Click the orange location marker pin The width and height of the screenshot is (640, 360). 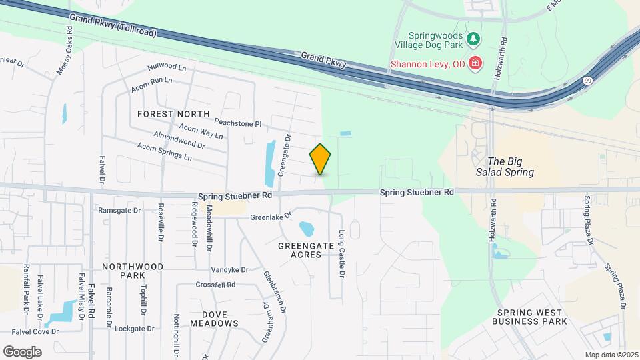[320, 159]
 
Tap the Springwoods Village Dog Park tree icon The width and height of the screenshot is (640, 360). [473, 39]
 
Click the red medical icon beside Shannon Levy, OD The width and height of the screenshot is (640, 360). [475, 64]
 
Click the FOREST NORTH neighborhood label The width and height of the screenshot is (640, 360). [173, 114]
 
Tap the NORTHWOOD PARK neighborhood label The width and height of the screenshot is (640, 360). [133, 271]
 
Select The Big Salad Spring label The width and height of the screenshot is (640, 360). [511, 167]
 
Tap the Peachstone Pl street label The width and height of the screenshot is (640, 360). [238, 123]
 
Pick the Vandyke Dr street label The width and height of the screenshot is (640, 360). [229, 270]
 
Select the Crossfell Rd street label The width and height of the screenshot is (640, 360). [215, 285]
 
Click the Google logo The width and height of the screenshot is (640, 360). [22, 351]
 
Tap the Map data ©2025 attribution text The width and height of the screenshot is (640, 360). [611, 355]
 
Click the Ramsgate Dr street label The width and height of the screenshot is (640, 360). [119, 210]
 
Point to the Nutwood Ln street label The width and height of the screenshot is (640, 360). [167, 67]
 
